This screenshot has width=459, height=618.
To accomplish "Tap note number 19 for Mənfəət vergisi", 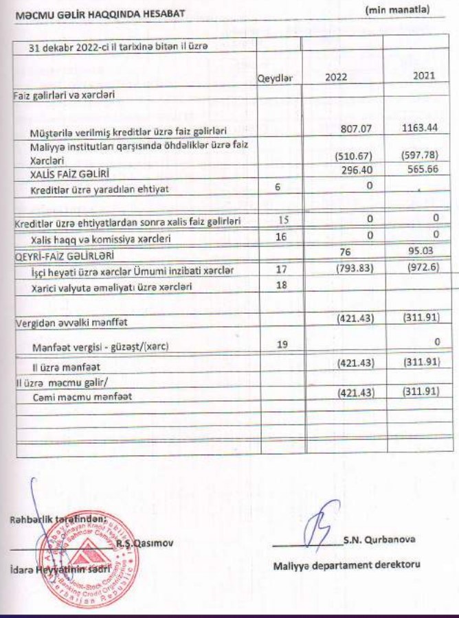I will pos(280,345).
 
